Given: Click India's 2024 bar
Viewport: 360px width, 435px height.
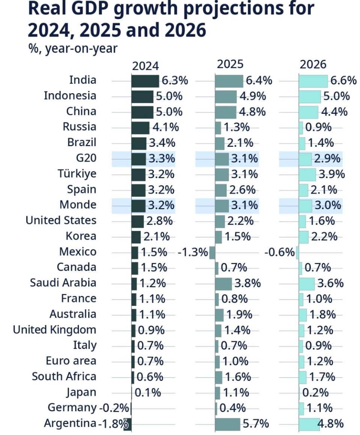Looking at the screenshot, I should pos(145,81).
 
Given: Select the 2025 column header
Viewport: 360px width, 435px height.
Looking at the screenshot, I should pos(230,64).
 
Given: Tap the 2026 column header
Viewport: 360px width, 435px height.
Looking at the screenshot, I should pos(313,65).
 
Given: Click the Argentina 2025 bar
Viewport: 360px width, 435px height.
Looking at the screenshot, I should pos(227,424).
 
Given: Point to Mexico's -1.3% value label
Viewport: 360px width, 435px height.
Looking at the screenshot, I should pos(193,252).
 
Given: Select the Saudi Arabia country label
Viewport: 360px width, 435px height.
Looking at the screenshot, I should pos(63,282).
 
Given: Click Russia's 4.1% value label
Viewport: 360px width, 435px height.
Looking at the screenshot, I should pos(166,127).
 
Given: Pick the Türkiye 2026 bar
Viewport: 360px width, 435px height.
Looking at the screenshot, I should pos(307,174).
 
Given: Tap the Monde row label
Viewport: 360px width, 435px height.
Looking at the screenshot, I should pos(78,205).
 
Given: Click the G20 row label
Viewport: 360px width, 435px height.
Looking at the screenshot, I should pos(86,158).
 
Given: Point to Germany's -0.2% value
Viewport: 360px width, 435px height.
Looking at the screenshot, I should pos(114,408).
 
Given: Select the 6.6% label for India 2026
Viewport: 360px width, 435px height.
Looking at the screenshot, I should pos(343,81).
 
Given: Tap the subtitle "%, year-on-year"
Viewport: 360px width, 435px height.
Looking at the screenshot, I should pos(72,49).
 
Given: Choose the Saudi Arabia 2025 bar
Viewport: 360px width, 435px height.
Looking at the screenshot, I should pos(223,284).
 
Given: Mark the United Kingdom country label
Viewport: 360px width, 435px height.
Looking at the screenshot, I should pos(54,330).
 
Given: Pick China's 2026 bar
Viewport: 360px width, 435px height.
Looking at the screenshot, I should pos(308,112).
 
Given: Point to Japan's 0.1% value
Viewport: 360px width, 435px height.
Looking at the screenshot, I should pos(148,393).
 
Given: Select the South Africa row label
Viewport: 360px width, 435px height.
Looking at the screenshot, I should pos(64,376).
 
